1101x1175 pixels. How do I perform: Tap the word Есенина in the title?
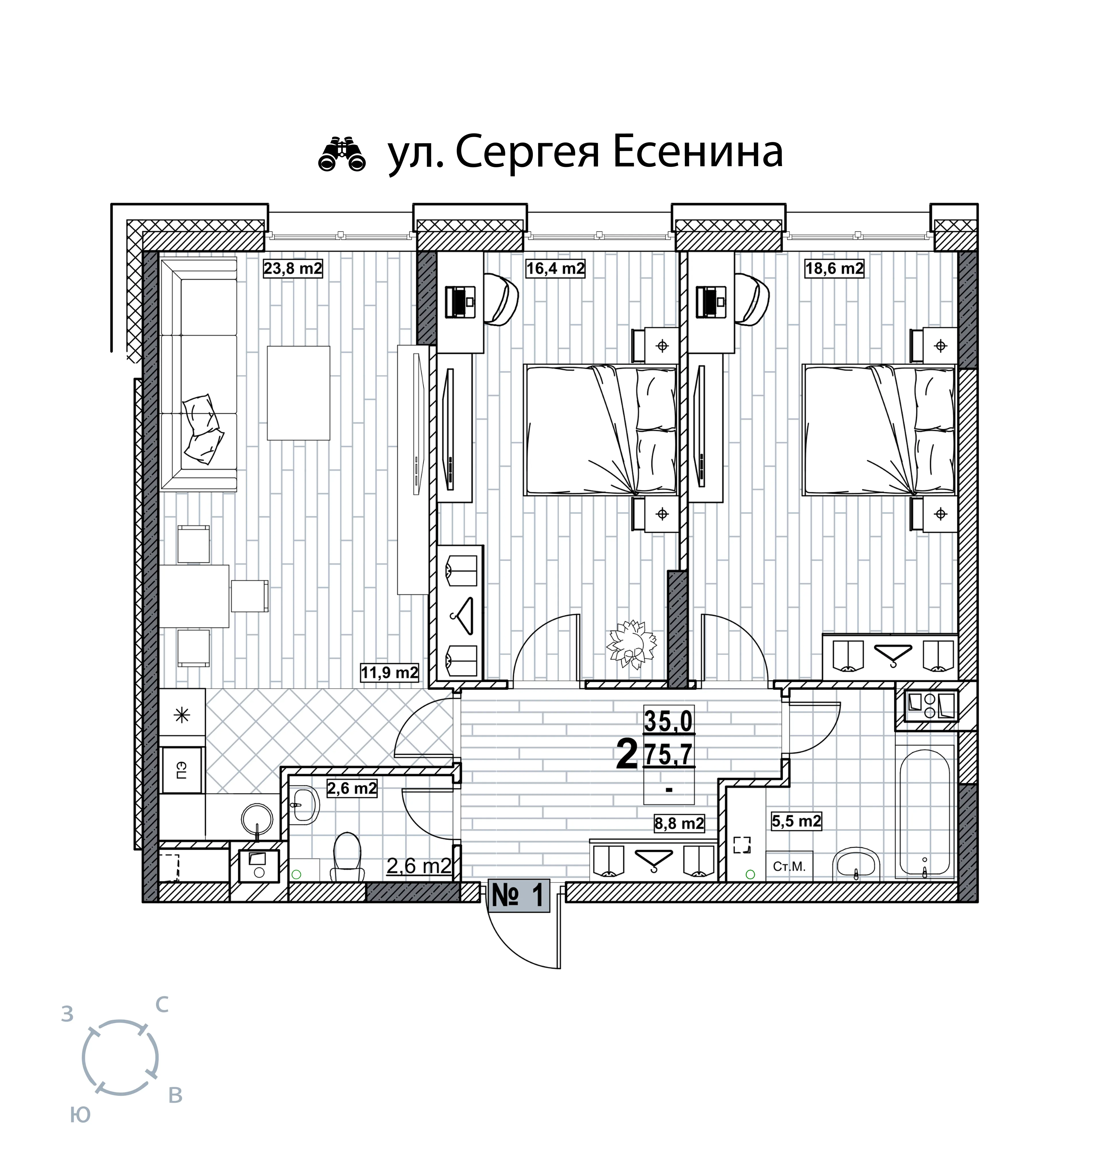pos(697,152)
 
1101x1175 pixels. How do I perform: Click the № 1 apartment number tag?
pos(518,896)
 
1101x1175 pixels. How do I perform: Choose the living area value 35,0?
pos(669,721)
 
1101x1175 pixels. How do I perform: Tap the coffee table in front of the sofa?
pos(299,393)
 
